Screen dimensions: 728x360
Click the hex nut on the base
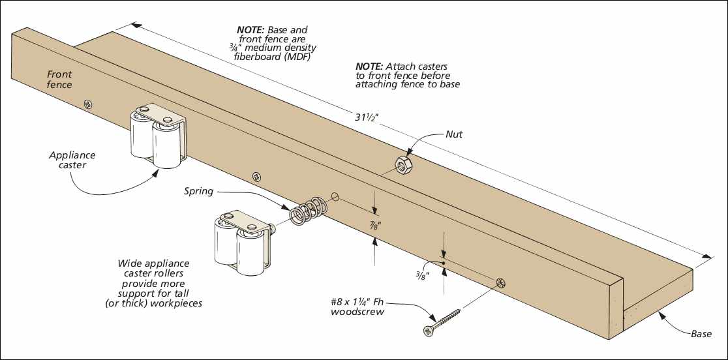point(403,165)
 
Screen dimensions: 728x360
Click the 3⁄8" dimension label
point(422,274)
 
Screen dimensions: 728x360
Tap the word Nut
point(454,134)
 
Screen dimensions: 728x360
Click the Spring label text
point(198,191)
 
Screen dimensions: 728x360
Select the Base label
point(701,333)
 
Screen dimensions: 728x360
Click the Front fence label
point(59,80)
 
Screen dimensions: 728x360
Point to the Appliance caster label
point(72,160)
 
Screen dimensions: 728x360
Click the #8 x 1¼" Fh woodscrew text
point(357,306)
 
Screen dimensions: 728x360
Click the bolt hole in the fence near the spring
point(336,196)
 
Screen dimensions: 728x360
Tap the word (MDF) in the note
point(298,58)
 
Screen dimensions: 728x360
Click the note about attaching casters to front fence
point(407,76)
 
